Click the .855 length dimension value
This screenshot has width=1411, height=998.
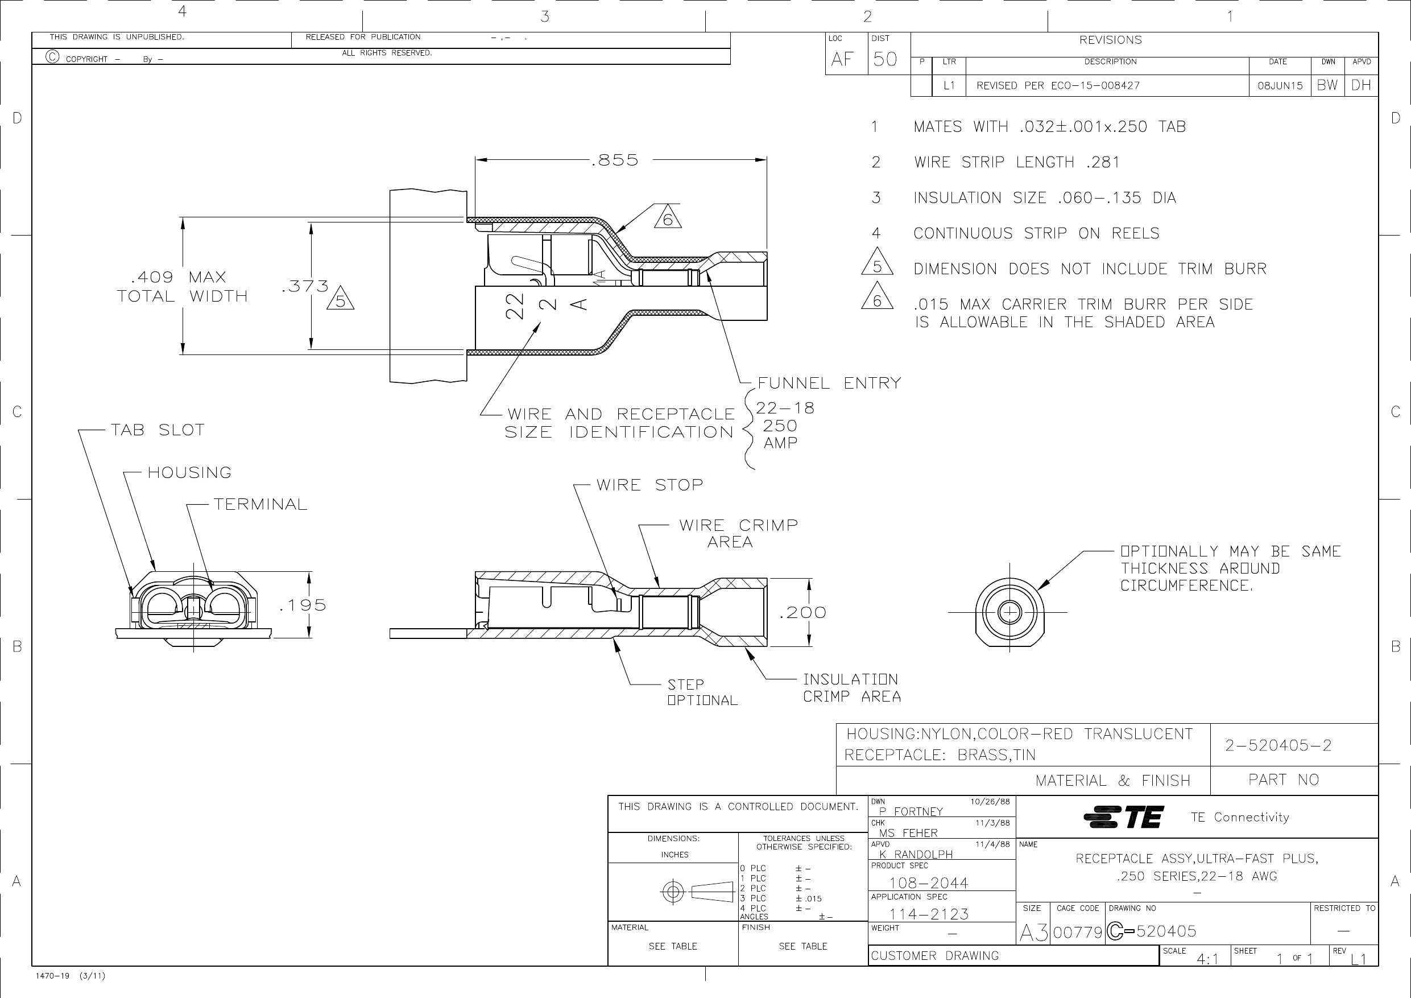(x=615, y=160)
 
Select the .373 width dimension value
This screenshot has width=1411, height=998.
(x=305, y=287)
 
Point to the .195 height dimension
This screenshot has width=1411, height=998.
(x=303, y=605)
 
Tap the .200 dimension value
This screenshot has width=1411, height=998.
(x=802, y=612)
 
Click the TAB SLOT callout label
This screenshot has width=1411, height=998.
(x=158, y=430)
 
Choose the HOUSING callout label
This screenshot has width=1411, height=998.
(x=189, y=472)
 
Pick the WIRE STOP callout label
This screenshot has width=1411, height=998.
(x=649, y=485)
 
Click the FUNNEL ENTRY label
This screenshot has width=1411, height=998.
(x=829, y=383)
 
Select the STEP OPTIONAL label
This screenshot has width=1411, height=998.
(x=702, y=692)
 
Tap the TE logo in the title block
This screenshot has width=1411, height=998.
(x=1123, y=817)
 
